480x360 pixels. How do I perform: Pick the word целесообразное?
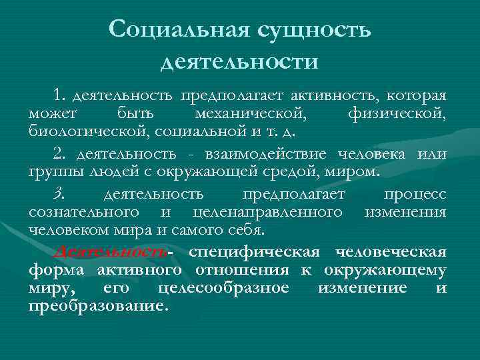(225, 288)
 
